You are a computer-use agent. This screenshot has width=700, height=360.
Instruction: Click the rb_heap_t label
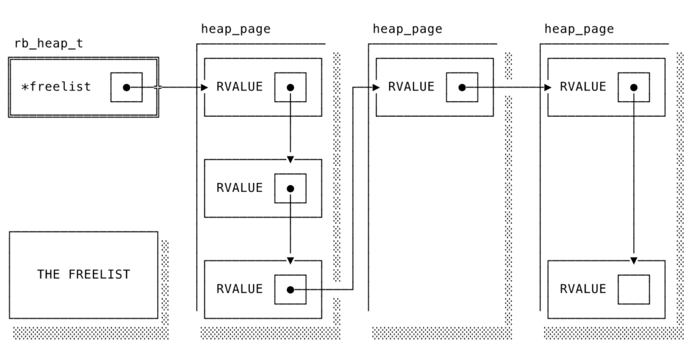[49, 44]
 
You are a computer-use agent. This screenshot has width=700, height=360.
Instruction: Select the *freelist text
[56, 87]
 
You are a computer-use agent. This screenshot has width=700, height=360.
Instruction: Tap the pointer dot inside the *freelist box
[126, 87]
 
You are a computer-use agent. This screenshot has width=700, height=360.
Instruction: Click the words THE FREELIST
[83, 275]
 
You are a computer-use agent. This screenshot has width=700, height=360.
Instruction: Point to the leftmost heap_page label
[236, 29]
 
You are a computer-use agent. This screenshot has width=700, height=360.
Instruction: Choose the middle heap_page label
[407, 29]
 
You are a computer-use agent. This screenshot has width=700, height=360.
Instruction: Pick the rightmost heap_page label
[579, 29]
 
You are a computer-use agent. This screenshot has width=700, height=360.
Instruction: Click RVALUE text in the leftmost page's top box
[239, 87]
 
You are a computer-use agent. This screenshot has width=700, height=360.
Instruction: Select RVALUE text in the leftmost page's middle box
[239, 188]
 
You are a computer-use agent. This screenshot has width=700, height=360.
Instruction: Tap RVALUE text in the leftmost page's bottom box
[239, 289]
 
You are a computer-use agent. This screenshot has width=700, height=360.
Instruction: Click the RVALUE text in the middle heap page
[411, 87]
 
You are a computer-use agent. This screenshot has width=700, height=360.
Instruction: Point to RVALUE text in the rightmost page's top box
[582, 87]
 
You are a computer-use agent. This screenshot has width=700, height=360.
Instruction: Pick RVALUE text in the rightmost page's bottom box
[582, 289]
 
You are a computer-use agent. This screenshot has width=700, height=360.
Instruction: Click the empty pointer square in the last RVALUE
[634, 290]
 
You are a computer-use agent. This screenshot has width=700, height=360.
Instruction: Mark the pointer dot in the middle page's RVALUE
[462, 87]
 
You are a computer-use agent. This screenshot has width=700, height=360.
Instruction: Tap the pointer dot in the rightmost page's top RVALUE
[634, 87]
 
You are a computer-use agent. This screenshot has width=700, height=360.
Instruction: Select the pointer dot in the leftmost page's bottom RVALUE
[291, 290]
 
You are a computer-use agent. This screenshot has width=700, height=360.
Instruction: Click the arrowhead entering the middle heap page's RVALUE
[376, 87]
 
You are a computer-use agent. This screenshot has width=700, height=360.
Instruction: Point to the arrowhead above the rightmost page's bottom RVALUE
[634, 261]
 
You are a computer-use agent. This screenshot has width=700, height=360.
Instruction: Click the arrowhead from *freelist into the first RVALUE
[204, 87]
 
